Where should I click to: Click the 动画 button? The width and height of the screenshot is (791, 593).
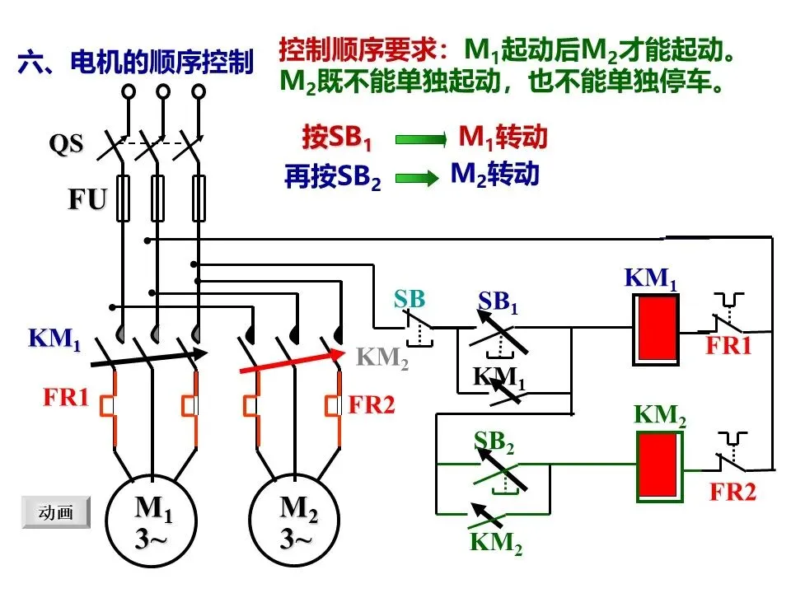(x=56, y=511)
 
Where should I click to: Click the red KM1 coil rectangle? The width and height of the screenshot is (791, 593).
(x=656, y=329)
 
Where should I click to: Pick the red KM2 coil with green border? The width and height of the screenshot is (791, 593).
(x=660, y=466)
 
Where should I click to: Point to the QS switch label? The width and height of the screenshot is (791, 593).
(x=66, y=143)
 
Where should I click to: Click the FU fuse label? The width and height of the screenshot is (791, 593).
(x=88, y=199)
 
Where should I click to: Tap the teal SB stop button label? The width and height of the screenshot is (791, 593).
(x=410, y=299)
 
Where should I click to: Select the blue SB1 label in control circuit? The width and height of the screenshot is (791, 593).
(x=498, y=301)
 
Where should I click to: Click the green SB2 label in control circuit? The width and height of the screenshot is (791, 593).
(x=494, y=442)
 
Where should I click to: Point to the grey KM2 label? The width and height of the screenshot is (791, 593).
(x=382, y=357)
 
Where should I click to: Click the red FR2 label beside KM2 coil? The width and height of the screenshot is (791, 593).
(x=733, y=492)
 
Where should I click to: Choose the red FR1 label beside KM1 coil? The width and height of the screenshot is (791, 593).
(x=729, y=346)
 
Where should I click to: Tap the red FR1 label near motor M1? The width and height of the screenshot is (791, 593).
(x=66, y=397)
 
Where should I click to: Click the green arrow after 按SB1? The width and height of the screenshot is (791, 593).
(x=421, y=139)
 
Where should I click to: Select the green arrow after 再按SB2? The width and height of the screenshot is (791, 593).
(x=417, y=178)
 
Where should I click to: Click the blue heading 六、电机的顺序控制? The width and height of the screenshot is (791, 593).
(x=136, y=63)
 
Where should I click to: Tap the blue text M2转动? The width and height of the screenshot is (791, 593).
(x=495, y=174)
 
